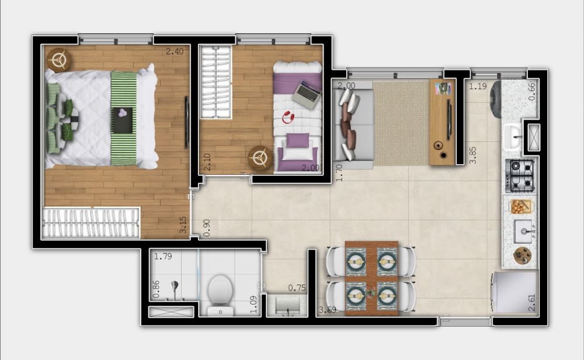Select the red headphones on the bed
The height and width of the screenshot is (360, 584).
(x=288, y=118)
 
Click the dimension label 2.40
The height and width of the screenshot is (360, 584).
(x=174, y=51)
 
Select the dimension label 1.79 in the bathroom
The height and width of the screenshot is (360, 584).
(x=164, y=256)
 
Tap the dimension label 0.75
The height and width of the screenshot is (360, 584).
(x=297, y=288)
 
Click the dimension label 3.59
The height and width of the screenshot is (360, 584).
(x=327, y=310)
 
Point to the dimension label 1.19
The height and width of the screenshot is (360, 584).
(x=478, y=87)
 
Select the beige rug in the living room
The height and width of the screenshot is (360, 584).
(x=401, y=123)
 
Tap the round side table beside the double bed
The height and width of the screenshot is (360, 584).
(x=58, y=59)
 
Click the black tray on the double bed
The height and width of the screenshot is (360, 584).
(x=122, y=119)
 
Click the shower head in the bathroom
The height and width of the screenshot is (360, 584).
(x=173, y=287)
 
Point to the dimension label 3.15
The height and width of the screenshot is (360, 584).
(x=183, y=226)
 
